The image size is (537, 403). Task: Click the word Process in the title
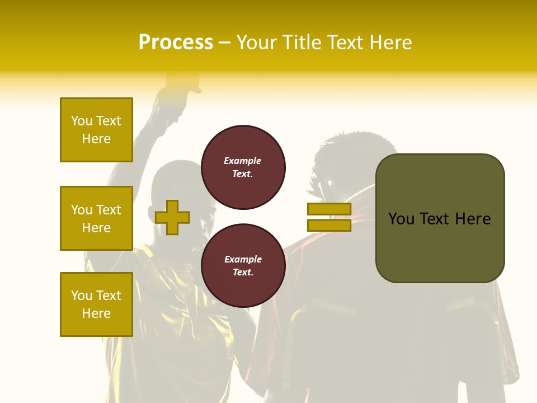[176, 43]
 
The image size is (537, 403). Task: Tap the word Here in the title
[388, 43]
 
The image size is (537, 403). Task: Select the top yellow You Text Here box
[96, 130]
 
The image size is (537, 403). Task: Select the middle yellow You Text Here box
[96, 218]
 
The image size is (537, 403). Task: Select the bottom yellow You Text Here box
[96, 304]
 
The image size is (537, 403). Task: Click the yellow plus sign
[172, 217]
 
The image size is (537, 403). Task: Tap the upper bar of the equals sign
[329, 209]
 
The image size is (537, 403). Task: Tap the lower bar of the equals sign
[329, 225]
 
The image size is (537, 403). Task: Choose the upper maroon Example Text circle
[243, 167]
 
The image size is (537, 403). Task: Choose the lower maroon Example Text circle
[243, 266]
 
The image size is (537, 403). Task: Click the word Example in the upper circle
[243, 161]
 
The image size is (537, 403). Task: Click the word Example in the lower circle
[243, 259]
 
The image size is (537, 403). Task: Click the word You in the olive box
[401, 219]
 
